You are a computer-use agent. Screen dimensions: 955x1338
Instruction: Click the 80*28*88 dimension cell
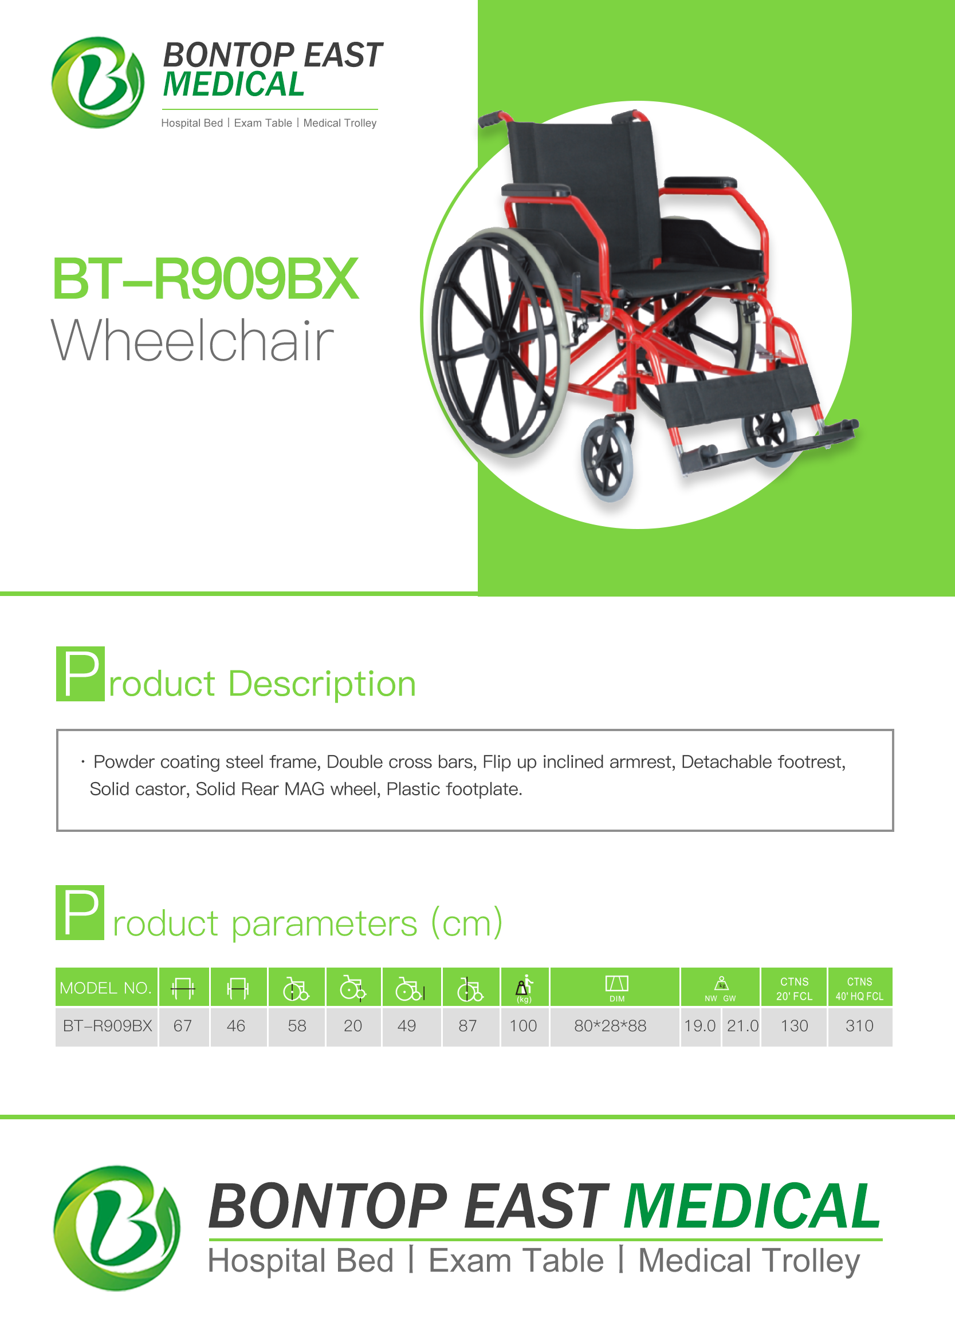pos(610,1025)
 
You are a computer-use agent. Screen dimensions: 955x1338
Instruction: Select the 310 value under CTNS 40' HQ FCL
pos(859,1025)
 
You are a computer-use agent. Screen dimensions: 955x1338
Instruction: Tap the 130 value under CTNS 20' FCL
pos(794,1025)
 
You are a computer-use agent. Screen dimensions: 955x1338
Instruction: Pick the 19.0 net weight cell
pos(700,1025)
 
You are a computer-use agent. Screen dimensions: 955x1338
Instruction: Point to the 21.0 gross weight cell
pos(742,1025)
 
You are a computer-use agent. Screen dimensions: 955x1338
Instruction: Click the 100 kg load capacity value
pos(524,1025)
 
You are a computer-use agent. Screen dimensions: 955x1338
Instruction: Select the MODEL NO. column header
pos(106,988)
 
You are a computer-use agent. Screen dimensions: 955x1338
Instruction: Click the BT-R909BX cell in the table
pos(107,1025)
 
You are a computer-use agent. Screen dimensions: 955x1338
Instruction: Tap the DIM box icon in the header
pos(616,983)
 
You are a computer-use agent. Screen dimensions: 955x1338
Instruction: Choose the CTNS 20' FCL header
pos(794,988)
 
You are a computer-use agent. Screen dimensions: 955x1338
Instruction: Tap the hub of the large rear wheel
pos(493,342)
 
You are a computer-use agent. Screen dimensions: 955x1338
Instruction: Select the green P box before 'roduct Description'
pos(81,673)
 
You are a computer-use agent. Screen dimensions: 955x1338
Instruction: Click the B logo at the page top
pos(97,82)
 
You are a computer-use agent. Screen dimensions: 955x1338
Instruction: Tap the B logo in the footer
pos(116,1228)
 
